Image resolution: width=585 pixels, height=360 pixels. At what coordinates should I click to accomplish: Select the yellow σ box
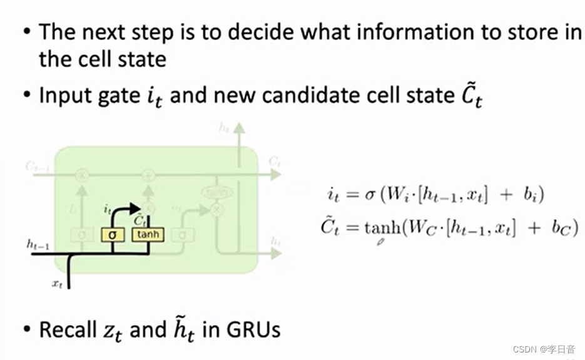[x=113, y=235]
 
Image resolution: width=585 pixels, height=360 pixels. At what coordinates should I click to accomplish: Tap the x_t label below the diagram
[x=57, y=283]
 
